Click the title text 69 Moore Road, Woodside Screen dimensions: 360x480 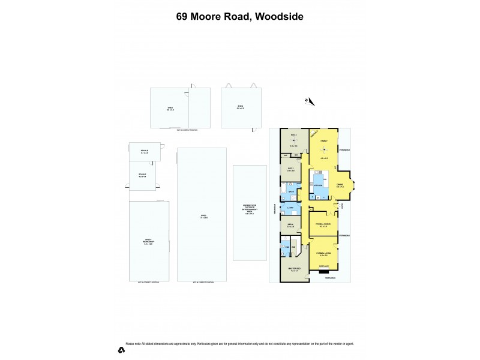coord(239,17)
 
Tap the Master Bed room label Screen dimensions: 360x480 coord(294,269)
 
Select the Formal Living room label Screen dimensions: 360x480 coord(323,254)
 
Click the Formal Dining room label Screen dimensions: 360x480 coord(323,225)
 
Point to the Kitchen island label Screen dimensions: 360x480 coord(318,185)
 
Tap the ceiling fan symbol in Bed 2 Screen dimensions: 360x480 coord(294,141)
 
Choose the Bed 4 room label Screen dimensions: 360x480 coord(290,225)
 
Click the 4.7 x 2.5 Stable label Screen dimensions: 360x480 coord(145,152)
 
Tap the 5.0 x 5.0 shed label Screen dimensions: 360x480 coord(239,108)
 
